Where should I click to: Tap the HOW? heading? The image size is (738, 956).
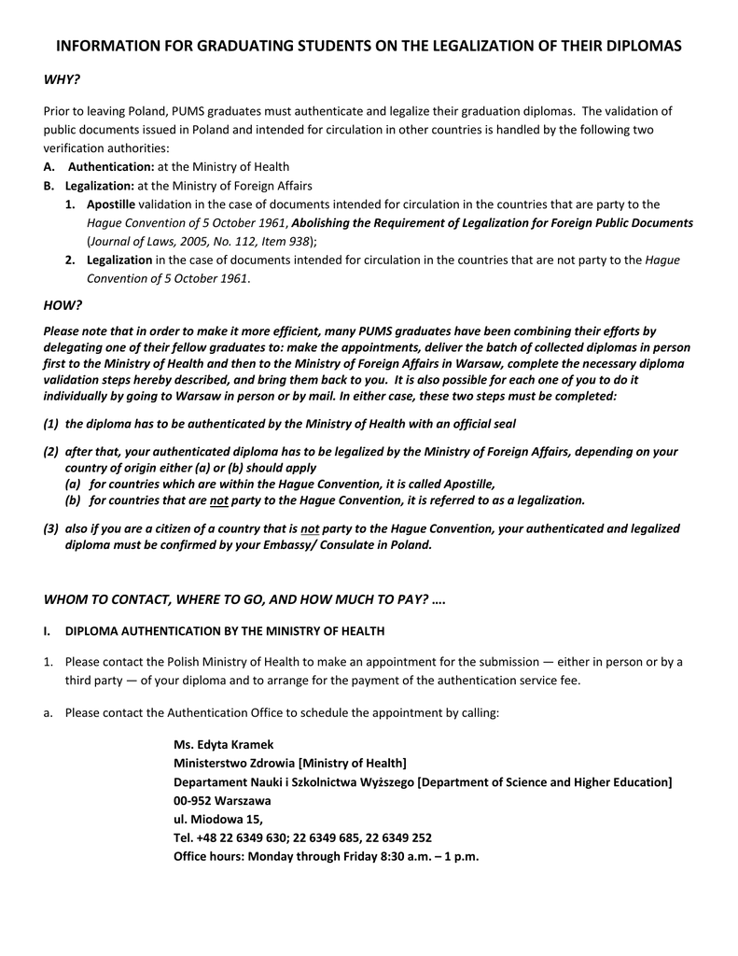tap(63, 305)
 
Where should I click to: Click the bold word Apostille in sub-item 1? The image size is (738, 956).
tap(111, 204)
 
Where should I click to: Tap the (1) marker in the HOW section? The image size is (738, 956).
tap(51, 423)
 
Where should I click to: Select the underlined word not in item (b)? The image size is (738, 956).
tap(218, 499)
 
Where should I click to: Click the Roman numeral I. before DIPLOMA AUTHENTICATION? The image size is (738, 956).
tap(47, 631)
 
